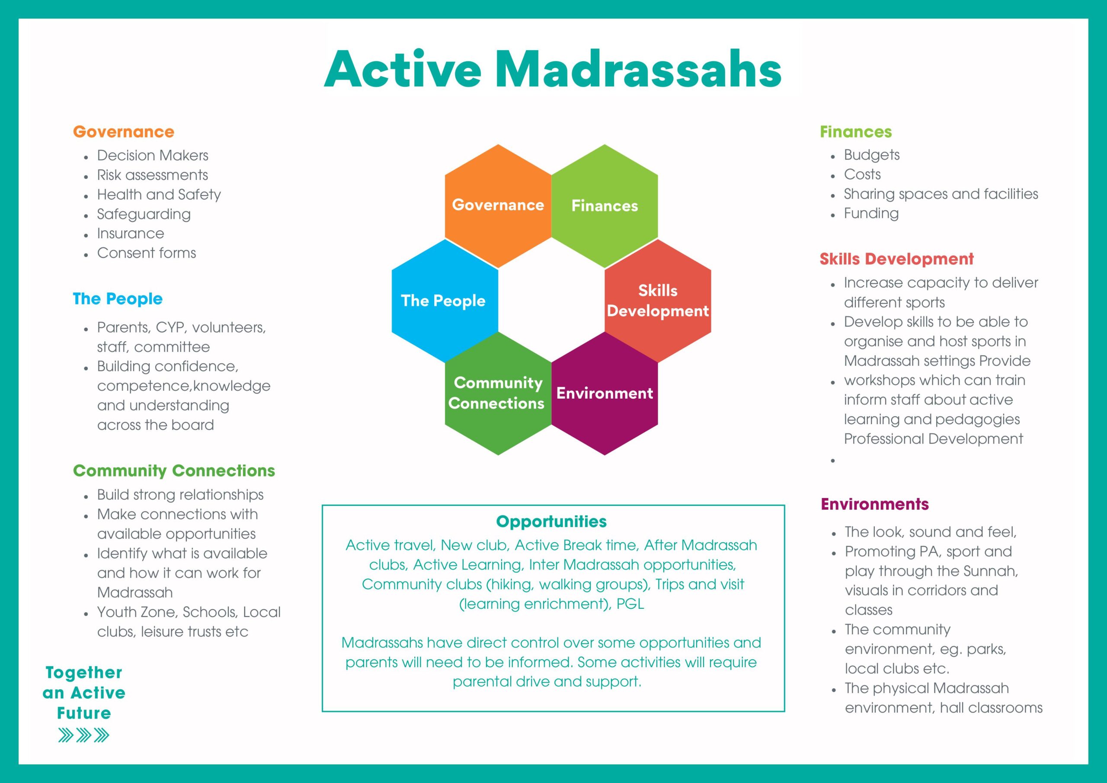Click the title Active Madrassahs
553,70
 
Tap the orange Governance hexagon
498,206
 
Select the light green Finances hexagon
605,206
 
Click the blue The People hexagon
445,301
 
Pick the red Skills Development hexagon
658,301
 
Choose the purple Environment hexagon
605,393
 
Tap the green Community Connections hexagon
498,393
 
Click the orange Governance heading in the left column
123,131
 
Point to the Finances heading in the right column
856,131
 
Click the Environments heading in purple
875,504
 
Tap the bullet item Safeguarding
144,214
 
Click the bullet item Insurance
131,233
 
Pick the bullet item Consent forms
147,252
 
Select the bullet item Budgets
872,155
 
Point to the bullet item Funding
871,213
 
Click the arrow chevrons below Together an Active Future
84,735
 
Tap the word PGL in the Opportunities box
630,604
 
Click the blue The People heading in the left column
118,299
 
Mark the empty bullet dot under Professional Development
833,460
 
